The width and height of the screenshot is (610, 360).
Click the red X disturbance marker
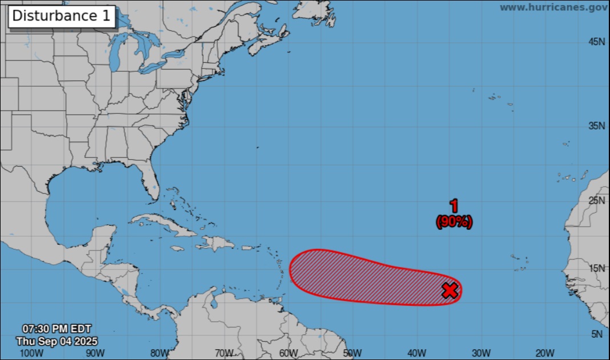(450, 290)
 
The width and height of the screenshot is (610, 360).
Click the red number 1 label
(454, 207)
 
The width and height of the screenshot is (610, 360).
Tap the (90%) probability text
(454, 223)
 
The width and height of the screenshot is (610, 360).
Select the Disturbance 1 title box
(62, 16)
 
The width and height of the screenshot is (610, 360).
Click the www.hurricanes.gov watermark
(553, 7)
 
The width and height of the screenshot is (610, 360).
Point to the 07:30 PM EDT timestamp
(56, 329)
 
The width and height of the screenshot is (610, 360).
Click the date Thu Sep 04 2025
(56, 341)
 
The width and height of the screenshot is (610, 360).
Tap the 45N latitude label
(596, 42)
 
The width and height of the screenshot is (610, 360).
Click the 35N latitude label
(596, 126)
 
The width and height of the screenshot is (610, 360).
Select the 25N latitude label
(596, 200)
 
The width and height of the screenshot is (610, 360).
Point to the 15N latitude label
(596, 269)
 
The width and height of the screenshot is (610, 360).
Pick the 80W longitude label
(159, 353)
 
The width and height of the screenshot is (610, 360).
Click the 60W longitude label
(289, 353)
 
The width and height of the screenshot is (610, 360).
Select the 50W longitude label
(353, 353)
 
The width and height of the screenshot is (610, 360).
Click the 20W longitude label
(546, 353)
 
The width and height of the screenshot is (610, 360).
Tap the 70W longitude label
(224, 353)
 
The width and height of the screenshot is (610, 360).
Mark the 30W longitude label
(482, 353)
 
